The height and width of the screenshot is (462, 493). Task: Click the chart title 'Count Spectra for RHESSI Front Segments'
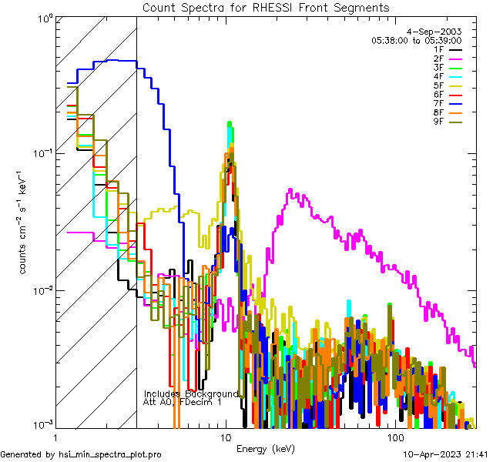pyautogui.click(x=266, y=7)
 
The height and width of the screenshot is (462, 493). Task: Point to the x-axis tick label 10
pyautogui.click(x=226, y=437)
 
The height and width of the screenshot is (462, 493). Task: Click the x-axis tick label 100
pyautogui.click(x=394, y=437)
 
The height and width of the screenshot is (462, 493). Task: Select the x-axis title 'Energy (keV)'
pyautogui.click(x=266, y=449)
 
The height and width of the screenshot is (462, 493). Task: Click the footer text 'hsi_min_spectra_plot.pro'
pyautogui.click(x=110, y=455)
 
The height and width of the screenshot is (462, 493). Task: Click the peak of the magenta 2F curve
pyautogui.click(x=290, y=189)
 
